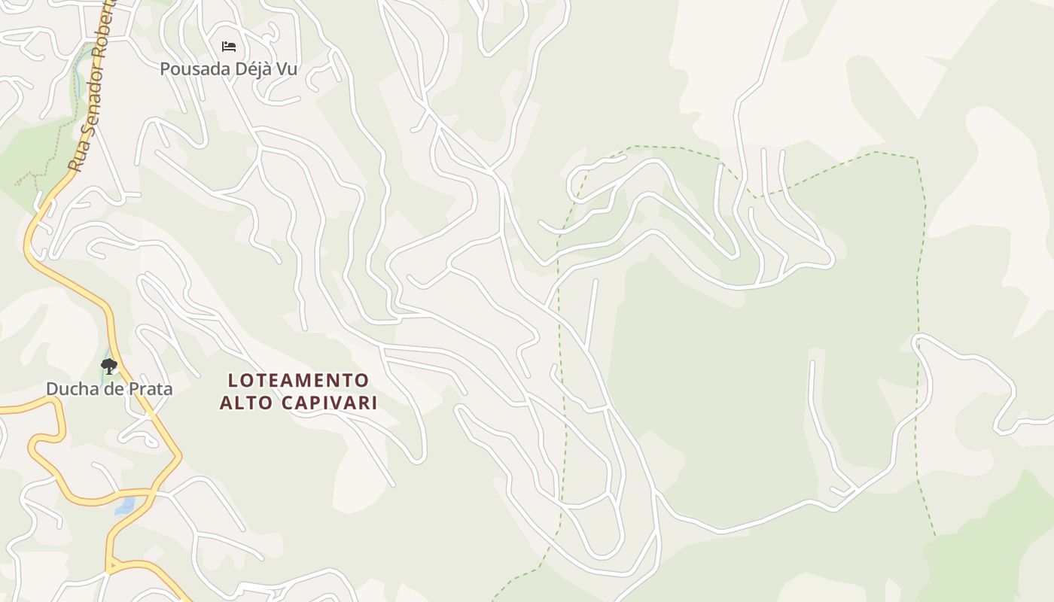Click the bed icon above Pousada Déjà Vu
(229, 47)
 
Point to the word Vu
(286, 69)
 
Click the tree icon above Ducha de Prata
(109, 366)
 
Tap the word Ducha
(70, 389)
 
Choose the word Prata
(149, 389)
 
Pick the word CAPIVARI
(329, 403)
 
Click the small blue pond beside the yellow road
(124, 505)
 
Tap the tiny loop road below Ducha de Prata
(139, 436)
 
